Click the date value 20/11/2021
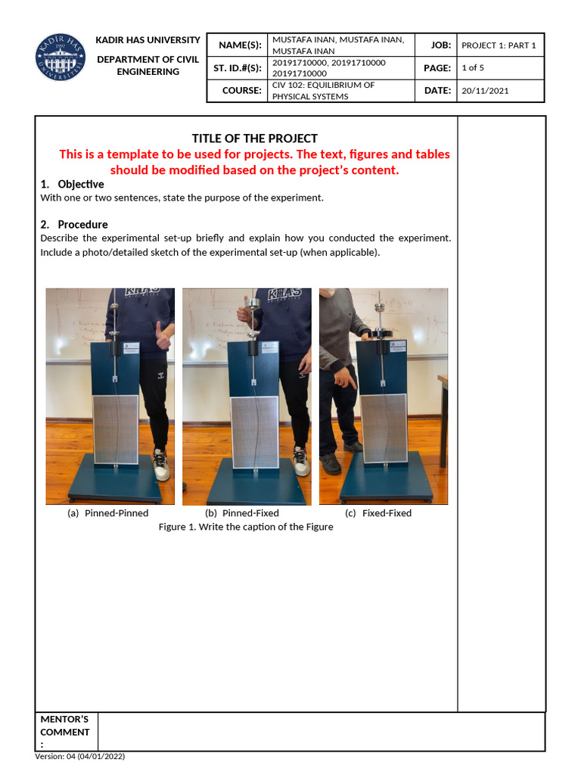point(485,91)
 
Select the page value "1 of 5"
point(473,68)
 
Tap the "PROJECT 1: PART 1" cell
point(499,45)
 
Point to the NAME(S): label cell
point(240,45)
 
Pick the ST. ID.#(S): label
point(238,68)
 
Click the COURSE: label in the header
point(241,91)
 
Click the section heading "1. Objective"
point(72,185)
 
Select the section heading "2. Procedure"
point(73,225)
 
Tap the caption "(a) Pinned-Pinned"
point(108,513)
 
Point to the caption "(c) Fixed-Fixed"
point(378,513)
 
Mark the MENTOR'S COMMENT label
point(65,732)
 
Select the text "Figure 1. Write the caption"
point(246,527)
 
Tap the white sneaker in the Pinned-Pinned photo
point(161,464)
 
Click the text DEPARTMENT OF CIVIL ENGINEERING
point(148,66)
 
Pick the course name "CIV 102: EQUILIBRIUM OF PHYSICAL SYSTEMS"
point(323,91)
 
